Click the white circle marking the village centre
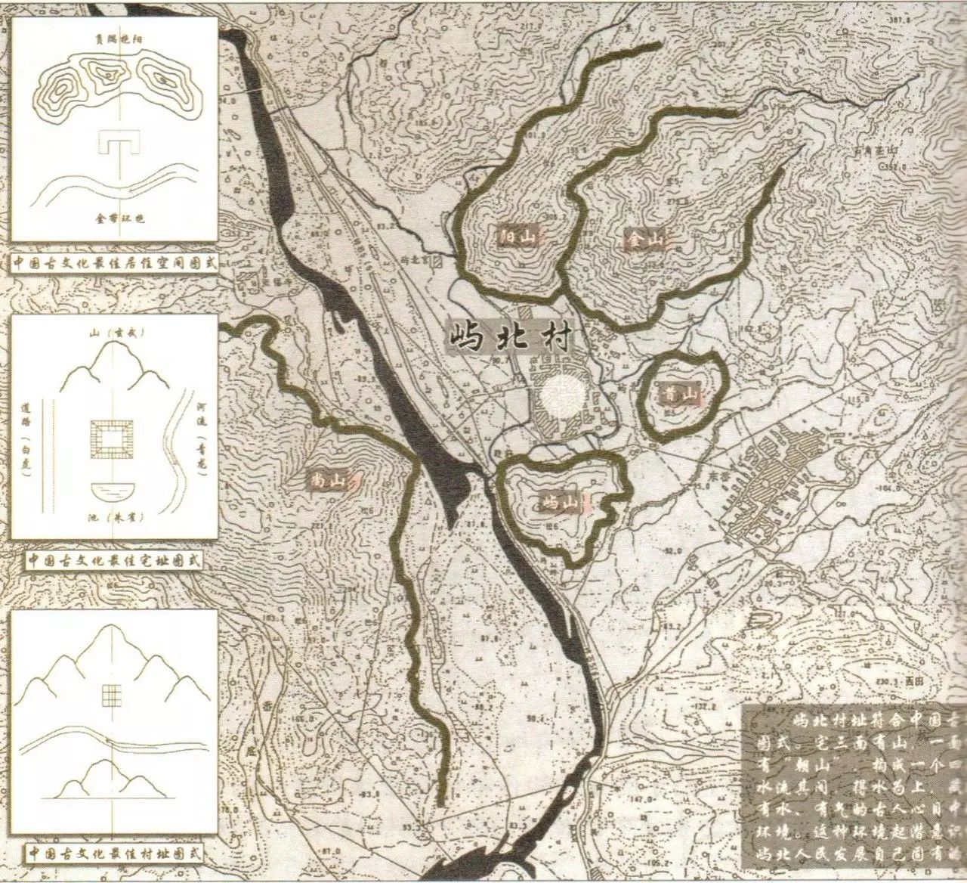pos(562,393)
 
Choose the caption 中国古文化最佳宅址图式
pos(113,559)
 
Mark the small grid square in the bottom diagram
pos(111,695)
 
